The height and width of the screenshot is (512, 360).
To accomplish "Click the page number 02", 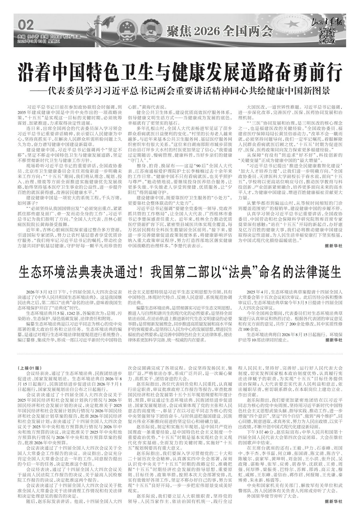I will click(26, 25).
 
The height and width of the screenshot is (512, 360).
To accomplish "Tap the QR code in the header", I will click(327, 36).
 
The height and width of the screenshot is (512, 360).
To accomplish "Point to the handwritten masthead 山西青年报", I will click(327, 22).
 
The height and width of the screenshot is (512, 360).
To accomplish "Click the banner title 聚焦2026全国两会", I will click(219, 30).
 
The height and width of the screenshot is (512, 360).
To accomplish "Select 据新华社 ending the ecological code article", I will click(334, 340).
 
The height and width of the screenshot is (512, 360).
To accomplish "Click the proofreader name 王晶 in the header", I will click(77, 37).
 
